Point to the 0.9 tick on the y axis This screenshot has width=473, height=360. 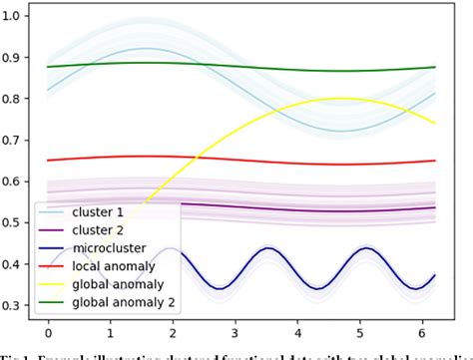[x=14, y=57]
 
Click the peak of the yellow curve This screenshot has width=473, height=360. [x=341, y=99]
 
